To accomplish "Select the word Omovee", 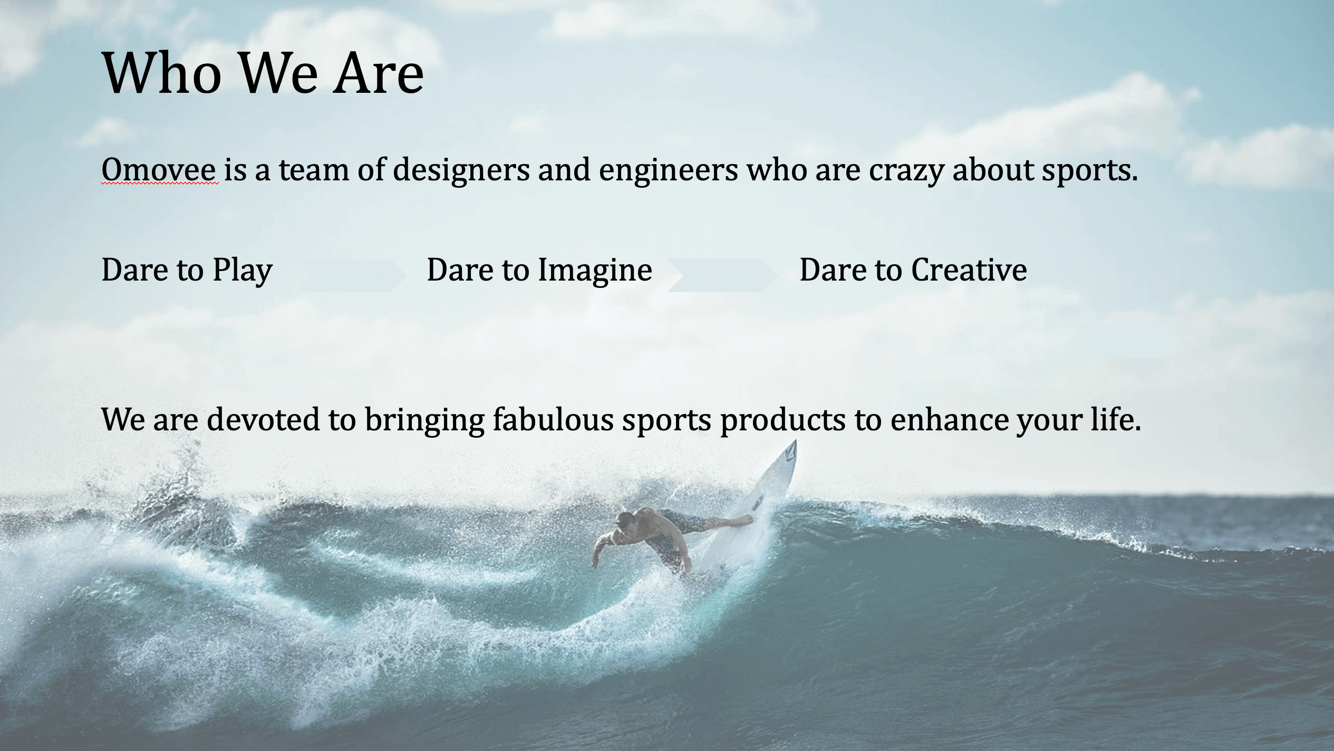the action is tap(159, 170).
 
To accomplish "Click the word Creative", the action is tap(969, 270).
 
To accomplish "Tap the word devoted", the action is tap(263, 420).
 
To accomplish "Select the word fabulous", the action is tap(553, 420).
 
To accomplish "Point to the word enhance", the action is tap(949, 420).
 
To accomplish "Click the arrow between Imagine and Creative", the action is tap(722, 275).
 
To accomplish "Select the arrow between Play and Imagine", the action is tap(351, 275).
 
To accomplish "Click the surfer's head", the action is tap(626, 523).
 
